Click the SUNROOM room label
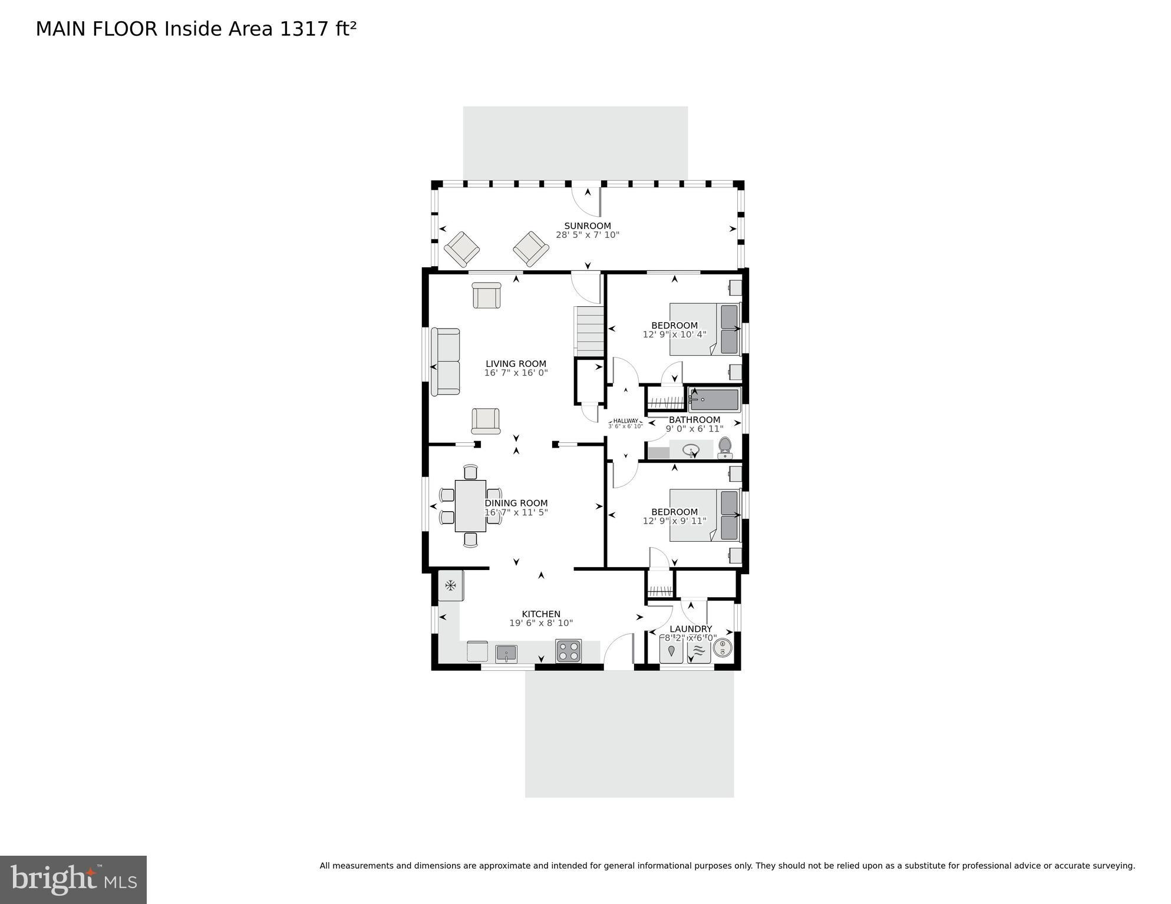(x=588, y=226)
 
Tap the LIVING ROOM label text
(x=516, y=364)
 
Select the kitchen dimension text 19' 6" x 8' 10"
(x=541, y=623)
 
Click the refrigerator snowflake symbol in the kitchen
(x=451, y=585)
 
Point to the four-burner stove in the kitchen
(x=568, y=651)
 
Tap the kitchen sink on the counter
(x=506, y=654)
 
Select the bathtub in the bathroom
(x=714, y=400)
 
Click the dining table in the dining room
(x=470, y=506)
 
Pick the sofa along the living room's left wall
(x=446, y=362)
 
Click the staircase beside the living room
(x=589, y=331)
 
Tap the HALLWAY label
(x=625, y=420)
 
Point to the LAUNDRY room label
(x=691, y=629)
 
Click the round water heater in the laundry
(x=723, y=648)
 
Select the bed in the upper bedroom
(x=704, y=329)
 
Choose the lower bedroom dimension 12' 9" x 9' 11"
(x=674, y=521)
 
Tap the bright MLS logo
(x=73, y=880)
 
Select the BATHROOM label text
(x=694, y=420)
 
